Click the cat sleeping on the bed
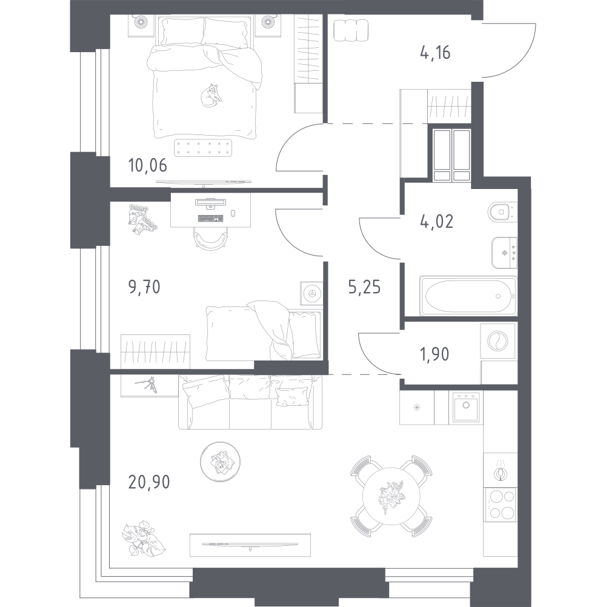pos(211,95)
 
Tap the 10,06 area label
pos(147,166)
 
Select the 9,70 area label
pos(144,287)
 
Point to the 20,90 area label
pos(149,482)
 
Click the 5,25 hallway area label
pos(364,287)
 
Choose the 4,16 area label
pos(435,53)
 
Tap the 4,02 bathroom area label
pos(436,222)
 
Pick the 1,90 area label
pos(435,354)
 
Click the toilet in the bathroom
pos(502,212)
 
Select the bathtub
pos(468,296)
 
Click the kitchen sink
pos(466,407)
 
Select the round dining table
pos(391,497)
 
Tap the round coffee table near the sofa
pos(221,462)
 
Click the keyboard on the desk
pos(211,218)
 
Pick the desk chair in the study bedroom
pos(211,238)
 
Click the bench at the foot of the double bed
pos(203,147)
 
